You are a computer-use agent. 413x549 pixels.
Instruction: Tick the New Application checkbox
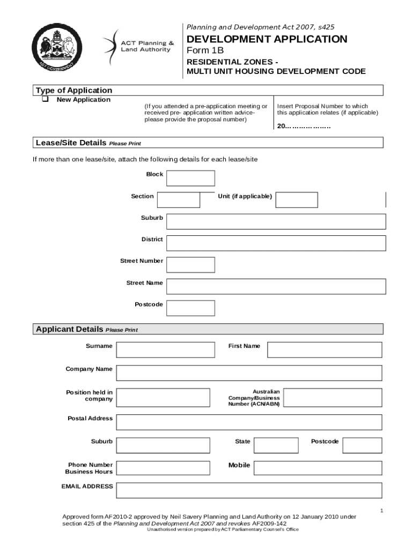pos(45,100)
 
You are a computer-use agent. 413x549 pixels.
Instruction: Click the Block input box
pos(190,178)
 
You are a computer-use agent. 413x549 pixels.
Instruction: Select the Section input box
pos(179,199)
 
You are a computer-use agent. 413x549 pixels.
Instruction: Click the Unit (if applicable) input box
pos(297,199)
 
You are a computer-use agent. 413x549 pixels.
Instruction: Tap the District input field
pos(276,243)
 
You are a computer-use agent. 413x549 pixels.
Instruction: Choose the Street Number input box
pos(190,265)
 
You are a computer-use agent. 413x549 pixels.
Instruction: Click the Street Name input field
pos(276,286)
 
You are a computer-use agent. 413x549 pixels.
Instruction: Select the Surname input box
pos(166,350)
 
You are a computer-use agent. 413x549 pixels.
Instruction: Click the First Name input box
pos(324,350)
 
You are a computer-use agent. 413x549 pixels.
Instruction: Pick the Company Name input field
pos(249,373)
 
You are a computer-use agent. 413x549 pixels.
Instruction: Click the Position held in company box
pos(163,397)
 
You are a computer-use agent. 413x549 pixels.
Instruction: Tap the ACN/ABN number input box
pos(333,397)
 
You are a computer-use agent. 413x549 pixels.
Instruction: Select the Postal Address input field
pos(249,422)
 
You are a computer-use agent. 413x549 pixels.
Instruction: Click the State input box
pos(276,445)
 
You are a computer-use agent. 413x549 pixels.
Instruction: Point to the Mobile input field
pos(318,468)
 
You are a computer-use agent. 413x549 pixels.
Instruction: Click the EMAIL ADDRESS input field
pos(249,490)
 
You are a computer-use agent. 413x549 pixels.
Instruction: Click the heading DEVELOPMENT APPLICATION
pos(267,39)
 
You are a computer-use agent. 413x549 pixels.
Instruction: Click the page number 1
pos(381,511)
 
